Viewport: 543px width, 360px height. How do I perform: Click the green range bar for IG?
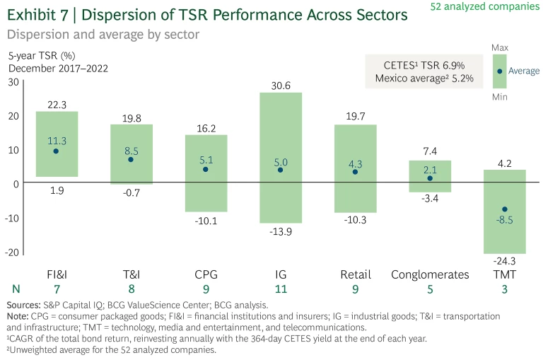tap(280, 127)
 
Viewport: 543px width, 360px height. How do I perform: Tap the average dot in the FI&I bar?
tap(56, 151)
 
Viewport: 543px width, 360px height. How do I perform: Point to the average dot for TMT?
tap(505, 209)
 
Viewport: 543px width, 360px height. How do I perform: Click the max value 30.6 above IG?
tap(280, 86)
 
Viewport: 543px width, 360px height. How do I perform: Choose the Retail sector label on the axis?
tap(355, 274)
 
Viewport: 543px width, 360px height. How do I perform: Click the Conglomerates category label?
tap(430, 274)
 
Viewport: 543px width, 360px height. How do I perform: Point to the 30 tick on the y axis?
tap(13, 82)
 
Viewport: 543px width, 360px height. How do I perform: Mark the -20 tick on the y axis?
tap(11, 252)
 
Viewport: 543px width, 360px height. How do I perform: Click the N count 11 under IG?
tap(280, 289)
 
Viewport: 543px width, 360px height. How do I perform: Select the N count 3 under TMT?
tap(505, 289)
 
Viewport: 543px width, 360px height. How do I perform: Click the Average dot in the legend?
tap(500, 71)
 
